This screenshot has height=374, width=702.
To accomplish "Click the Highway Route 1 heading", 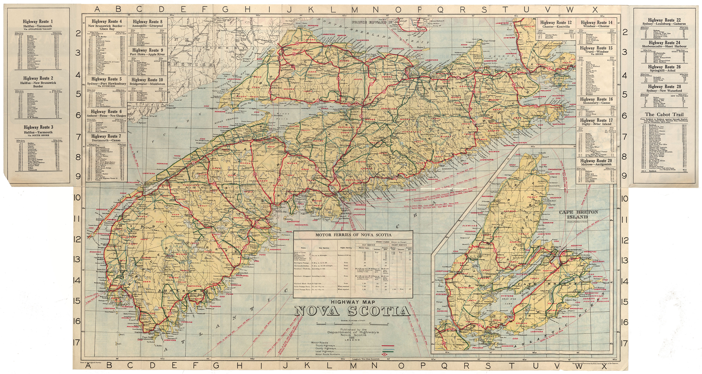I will coord(38,22).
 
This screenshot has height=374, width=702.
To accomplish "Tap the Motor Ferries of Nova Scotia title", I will coord(353,235).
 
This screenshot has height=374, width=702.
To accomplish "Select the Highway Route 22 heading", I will coord(664,20).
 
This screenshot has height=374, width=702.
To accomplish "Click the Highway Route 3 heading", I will coord(38,127).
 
